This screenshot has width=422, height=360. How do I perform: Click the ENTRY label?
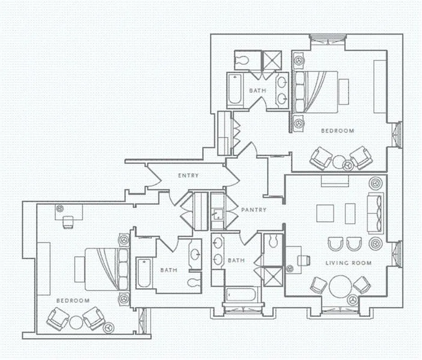188,175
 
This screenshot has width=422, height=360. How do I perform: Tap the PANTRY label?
254,210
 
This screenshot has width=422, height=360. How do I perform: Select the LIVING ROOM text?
349,263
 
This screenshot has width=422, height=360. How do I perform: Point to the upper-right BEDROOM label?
337,131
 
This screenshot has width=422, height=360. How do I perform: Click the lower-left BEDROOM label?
73,300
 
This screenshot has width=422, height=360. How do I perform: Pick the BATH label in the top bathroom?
258,90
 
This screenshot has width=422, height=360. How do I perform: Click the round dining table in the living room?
342,286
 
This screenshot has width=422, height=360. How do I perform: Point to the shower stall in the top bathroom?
272,60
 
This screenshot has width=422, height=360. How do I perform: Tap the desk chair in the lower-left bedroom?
68,222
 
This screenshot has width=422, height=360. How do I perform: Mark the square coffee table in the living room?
325,213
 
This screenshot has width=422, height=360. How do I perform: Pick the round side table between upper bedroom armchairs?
339,161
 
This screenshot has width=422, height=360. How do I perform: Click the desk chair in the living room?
304,260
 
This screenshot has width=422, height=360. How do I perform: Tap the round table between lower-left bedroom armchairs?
77,321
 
